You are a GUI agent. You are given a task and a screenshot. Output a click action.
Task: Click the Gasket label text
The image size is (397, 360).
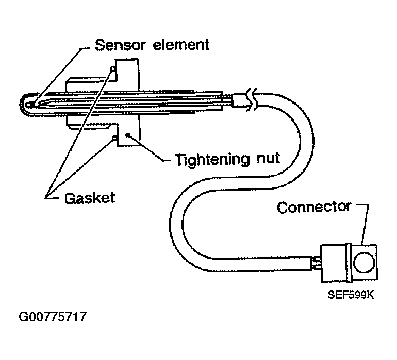90,197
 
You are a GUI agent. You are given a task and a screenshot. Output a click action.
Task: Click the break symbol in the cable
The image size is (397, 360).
251,99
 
